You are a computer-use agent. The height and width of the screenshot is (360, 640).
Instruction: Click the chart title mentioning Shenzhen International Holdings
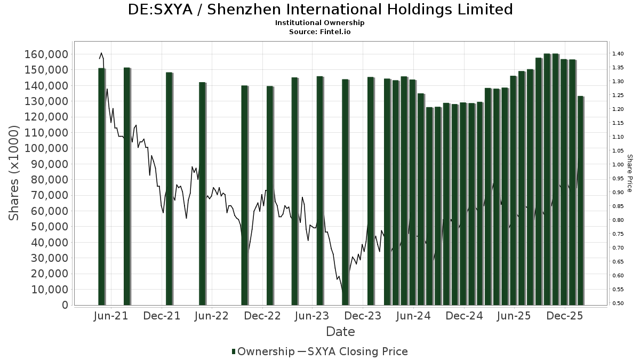pyautogui.click(x=320, y=10)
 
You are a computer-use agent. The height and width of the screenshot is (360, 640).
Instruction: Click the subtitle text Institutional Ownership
pyautogui.click(x=320, y=23)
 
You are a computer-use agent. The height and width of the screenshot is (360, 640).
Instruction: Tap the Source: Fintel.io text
pyautogui.click(x=320, y=31)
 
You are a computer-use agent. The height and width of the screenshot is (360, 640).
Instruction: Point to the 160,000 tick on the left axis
pyautogui.click(x=46, y=54)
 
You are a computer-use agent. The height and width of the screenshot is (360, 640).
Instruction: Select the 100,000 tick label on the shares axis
pyautogui.click(x=46, y=148)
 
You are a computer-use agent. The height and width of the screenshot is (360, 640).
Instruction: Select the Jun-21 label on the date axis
pyautogui.click(x=111, y=316)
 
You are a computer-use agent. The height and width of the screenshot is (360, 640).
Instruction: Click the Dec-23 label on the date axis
pyautogui.click(x=363, y=316)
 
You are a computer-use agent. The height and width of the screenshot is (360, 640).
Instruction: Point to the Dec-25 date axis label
pyautogui.click(x=565, y=316)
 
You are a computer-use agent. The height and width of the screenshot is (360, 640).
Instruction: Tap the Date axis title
pyautogui.click(x=340, y=332)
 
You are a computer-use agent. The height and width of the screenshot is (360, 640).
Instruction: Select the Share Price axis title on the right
pyautogui.click(x=629, y=173)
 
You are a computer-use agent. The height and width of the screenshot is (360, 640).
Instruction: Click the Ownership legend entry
pyautogui.click(x=263, y=351)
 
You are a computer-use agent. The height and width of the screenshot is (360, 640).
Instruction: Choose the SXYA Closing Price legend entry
pyautogui.click(x=353, y=351)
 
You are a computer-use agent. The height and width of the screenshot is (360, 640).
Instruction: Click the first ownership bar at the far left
pyautogui.click(x=101, y=187)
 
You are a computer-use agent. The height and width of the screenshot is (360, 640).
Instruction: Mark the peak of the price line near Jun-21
pyautogui.click(x=101, y=53)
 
